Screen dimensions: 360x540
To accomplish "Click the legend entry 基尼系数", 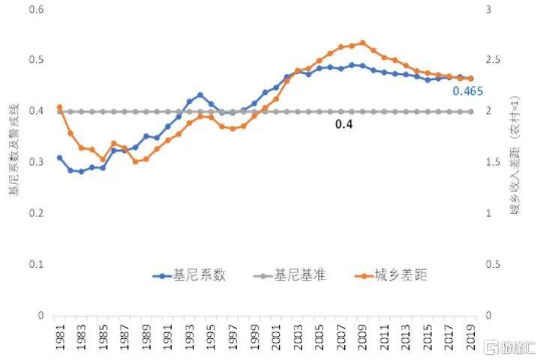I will (199, 276).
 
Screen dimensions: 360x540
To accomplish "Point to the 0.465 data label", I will (467, 91).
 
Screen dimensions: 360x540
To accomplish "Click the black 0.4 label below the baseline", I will (343, 124).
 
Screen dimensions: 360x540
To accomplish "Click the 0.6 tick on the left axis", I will (37, 9).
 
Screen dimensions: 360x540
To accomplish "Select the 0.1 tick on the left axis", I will (37, 265).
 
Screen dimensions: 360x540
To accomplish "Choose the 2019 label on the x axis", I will (472, 335).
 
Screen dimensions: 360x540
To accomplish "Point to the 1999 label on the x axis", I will (255, 335).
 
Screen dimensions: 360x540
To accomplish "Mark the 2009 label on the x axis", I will (363, 335).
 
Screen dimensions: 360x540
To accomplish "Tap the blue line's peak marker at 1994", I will (200, 95).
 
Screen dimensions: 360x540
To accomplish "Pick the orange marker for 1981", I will (60, 107).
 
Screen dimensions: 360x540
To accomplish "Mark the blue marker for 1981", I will (60, 157).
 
